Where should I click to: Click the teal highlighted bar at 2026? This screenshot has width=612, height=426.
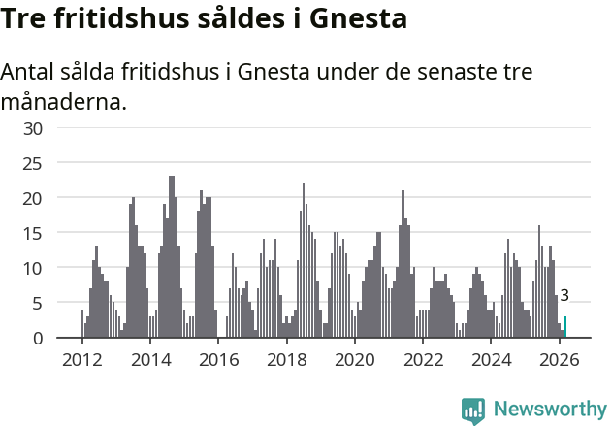564,327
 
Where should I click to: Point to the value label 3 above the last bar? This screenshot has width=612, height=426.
564,296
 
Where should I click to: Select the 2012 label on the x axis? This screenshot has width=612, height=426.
81,359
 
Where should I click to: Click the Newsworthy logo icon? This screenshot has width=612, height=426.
473,410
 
